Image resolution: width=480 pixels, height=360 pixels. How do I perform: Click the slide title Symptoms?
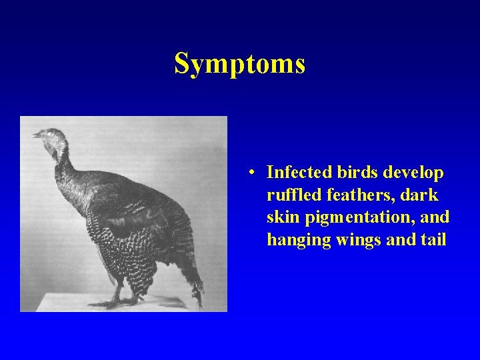tap(239, 64)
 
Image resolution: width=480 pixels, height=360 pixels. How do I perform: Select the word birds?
tap(355, 173)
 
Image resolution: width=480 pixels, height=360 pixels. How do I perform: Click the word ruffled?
tap(291, 195)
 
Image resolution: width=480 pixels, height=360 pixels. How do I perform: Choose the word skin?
tap(282, 217)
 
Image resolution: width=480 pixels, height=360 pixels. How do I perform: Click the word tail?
tap(433, 239)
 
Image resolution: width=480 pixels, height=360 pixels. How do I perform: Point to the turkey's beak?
tap(36, 135)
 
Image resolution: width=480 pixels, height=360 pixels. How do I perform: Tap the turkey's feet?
tap(117, 301)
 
